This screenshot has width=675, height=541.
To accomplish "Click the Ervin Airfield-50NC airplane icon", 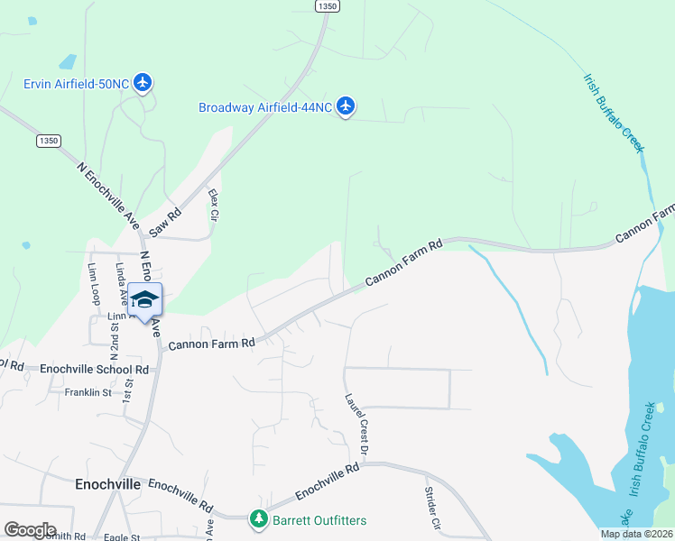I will [143, 84].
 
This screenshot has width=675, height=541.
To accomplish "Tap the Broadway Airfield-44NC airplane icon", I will [345, 106].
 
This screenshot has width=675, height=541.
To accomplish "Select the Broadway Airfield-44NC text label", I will [264, 107].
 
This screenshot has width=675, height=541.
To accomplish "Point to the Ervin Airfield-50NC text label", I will [76, 85].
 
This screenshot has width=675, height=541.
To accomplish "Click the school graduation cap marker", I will [144, 298].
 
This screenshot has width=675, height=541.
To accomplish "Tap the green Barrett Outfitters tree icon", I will [259, 520].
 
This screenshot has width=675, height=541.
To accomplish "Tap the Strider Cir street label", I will [431, 509].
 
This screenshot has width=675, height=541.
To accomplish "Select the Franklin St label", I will [88, 392].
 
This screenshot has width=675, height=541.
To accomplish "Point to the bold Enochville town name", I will [106, 484].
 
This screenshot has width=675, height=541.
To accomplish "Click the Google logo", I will [31, 530].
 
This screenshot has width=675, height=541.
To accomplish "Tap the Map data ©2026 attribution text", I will [636, 534].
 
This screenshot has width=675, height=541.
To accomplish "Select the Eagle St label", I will [123, 537].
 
